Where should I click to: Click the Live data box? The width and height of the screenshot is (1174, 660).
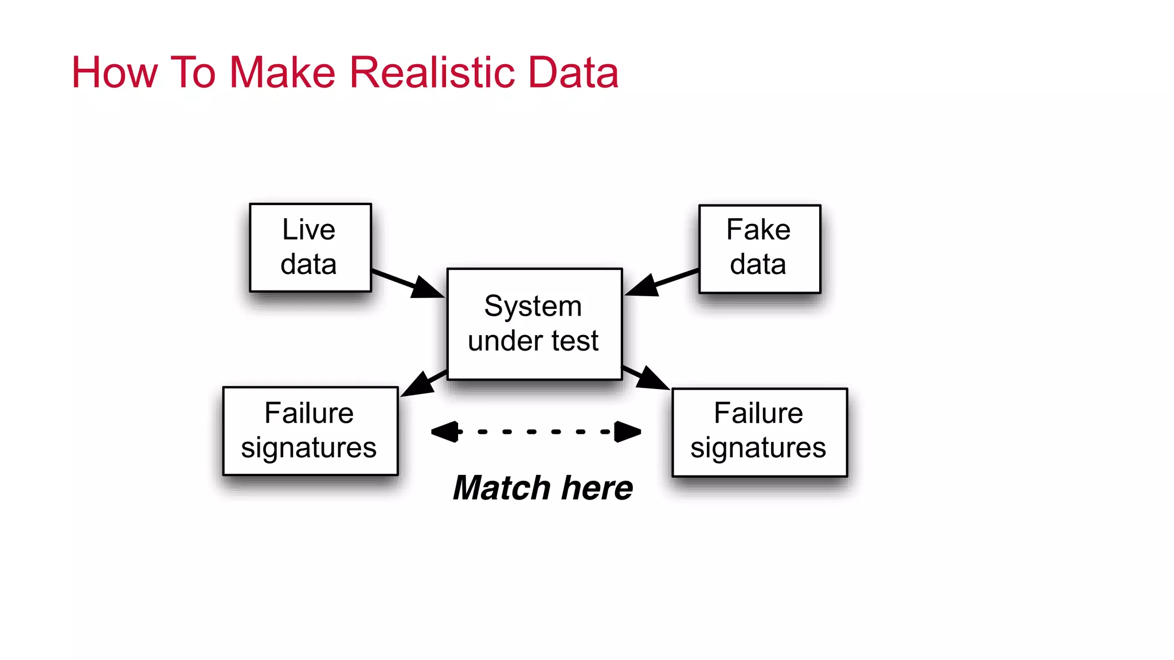pyautogui.click(x=310, y=247)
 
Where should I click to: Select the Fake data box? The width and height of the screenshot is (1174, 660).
pyautogui.click(x=760, y=249)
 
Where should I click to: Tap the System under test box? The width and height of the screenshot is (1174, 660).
pyautogui.click(x=534, y=324)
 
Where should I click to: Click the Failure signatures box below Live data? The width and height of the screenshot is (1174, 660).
pyautogui.click(x=310, y=431)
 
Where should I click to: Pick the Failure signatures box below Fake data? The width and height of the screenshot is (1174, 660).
pyautogui.click(x=760, y=432)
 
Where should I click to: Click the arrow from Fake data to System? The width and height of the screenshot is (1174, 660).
pyautogui.click(x=663, y=281)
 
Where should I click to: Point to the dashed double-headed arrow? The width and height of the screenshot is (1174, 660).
pyautogui.click(x=535, y=431)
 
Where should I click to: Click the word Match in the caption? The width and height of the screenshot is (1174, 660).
pyautogui.click(x=502, y=488)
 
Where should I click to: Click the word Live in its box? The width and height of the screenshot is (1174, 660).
pyautogui.click(x=308, y=230)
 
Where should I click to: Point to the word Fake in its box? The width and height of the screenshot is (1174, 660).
pyautogui.click(x=758, y=230)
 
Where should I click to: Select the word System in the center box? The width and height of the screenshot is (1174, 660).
pyautogui.click(x=533, y=306)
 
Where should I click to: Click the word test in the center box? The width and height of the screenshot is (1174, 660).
pyautogui.click(x=575, y=341)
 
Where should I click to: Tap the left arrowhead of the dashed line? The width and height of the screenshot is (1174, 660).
pyautogui.click(x=445, y=431)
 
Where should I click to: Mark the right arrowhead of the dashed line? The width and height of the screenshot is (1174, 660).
pyautogui.click(x=628, y=431)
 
